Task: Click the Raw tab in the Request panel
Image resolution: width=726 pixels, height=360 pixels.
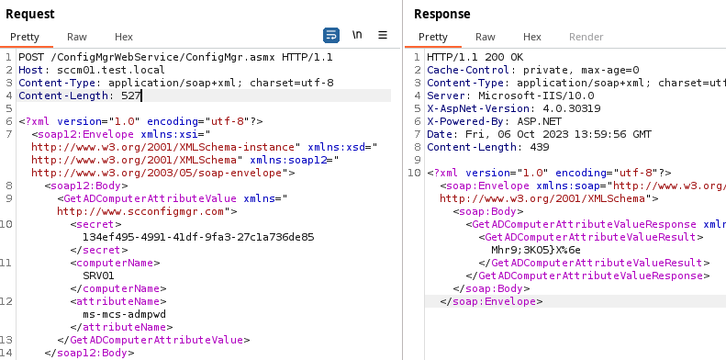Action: click(x=77, y=37)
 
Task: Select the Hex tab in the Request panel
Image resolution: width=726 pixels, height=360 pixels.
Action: click(x=124, y=37)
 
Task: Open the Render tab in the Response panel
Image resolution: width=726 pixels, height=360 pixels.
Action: click(x=586, y=37)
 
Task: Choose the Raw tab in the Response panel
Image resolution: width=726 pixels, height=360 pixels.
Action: click(x=486, y=37)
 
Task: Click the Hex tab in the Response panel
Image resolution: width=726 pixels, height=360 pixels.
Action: click(x=532, y=37)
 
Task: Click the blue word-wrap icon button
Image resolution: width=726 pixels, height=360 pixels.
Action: click(x=331, y=35)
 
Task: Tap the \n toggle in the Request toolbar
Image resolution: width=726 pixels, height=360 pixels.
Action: click(x=358, y=35)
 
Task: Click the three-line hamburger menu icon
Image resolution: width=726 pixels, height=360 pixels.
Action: click(x=383, y=35)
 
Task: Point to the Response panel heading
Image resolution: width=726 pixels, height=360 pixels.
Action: click(x=442, y=14)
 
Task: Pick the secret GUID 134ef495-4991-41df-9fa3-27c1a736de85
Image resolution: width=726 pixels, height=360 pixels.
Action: click(x=198, y=236)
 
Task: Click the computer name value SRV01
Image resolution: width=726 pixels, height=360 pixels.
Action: click(x=98, y=275)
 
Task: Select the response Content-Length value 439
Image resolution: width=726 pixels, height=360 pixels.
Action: click(x=539, y=147)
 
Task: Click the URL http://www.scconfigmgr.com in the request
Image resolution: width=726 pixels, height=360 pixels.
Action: click(x=141, y=210)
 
